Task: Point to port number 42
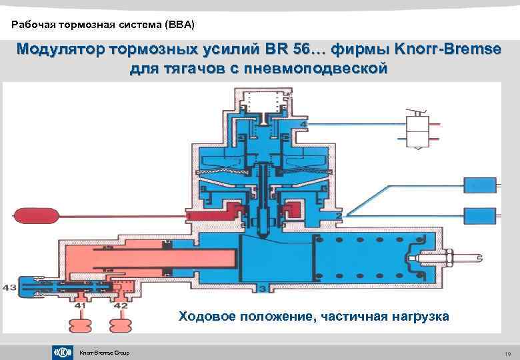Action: pos(121,305)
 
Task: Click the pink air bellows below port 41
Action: pos(82,325)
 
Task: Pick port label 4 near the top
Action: pos(303,125)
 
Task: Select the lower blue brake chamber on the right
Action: pos(479,215)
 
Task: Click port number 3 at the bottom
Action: pos(263,288)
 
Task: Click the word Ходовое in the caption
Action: pos(207,316)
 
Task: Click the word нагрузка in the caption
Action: pos(417,316)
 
